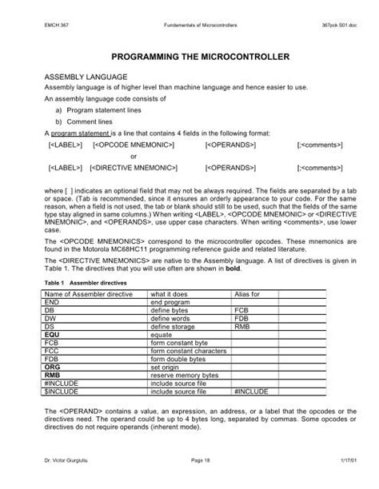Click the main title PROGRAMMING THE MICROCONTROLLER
[x=189, y=58]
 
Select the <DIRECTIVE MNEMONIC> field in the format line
[x=134, y=169]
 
